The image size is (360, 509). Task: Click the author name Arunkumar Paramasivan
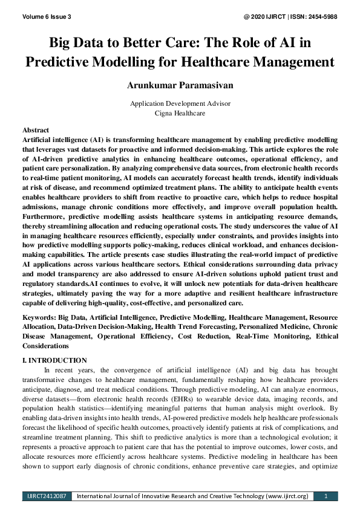click(x=180, y=85)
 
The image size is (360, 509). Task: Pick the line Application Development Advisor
click(x=180, y=103)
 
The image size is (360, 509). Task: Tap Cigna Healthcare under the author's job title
click(x=180, y=113)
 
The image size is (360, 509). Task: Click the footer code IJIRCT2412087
click(x=47, y=496)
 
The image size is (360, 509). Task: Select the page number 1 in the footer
click(x=326, y=496)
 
